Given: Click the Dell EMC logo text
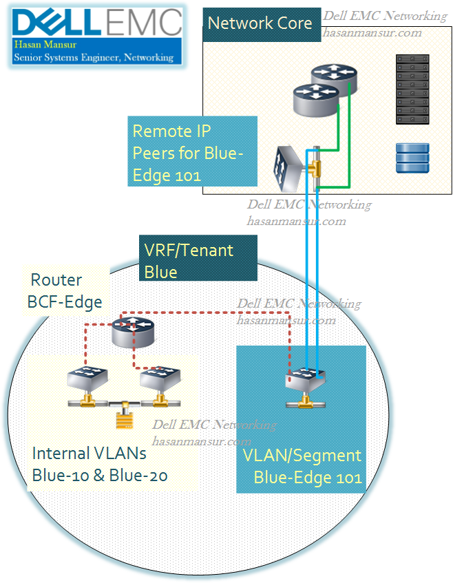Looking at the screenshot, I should (96, 22).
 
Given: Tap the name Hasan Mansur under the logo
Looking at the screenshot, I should (40, 45).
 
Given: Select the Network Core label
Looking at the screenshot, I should (260, 23).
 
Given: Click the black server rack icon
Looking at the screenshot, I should (412, 89).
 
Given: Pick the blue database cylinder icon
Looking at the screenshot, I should (412, 158).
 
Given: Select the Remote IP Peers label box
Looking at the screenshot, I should (193, 151).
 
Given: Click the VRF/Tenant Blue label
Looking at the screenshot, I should (198, 259).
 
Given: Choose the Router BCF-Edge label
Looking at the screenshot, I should (66, 290).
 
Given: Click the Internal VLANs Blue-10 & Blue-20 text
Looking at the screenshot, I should (101, 465).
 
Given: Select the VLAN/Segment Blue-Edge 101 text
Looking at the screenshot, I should (303, 466).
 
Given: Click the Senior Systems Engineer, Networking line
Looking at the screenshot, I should (94, 57).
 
